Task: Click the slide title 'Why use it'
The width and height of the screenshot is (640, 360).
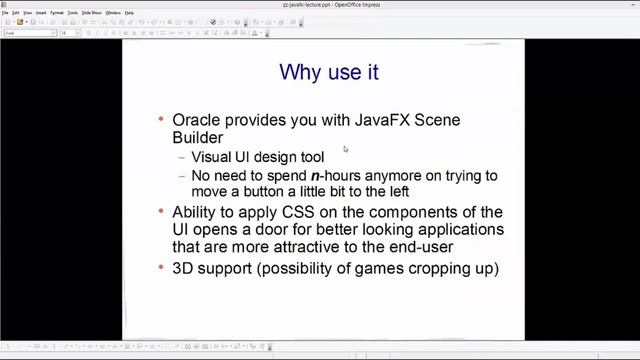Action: pyautogui.click(x=328, y=72)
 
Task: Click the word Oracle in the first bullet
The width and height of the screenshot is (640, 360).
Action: pyautogui.click(x=196, y=120)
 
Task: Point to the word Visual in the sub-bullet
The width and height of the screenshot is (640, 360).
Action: pyautogui.click(x=210, y=158)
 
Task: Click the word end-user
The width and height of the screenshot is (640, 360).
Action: pyautogui.click(x=452, y=247)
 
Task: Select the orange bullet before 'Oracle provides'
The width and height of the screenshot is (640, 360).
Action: pyautogui.click(x=162, y=120)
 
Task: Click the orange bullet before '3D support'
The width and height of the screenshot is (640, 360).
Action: pyautogui.click(x=162, y=269)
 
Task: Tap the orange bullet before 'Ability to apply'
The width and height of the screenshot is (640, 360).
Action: pyautogui.click(x=162, y=212)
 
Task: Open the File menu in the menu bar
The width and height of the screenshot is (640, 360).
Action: pyautogui.click(x=5, y=13)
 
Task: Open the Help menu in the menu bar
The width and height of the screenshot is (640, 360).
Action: pyautogui.click(x=130, y=13)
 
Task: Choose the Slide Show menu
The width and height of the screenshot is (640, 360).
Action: pyautogui.click(x=92, y=13)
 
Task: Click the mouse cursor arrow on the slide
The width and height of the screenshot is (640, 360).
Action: pyautogui.click(x=345, y=150)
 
